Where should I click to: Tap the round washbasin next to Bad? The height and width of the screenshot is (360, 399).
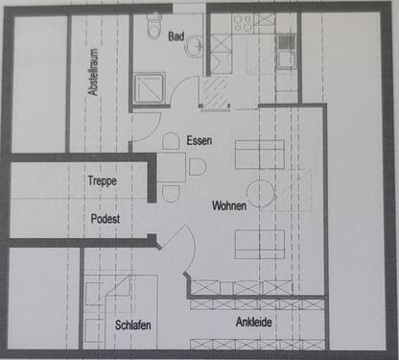coord(194,45)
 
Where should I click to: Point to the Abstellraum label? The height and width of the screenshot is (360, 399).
coord(93,71)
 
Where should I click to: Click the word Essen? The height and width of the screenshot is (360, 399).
coord(199,140)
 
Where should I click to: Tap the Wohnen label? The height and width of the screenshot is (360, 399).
coord(229,205)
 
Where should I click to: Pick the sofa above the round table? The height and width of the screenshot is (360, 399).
coord(260,155)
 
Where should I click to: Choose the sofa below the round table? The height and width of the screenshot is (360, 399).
coord(260,243)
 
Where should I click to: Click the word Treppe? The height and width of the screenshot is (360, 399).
coord(102,180)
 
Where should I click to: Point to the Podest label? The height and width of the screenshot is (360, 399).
coord(105,219)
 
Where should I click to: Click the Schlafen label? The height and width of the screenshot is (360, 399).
coord(133,325)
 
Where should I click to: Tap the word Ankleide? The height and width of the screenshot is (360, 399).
coord(254,322)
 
